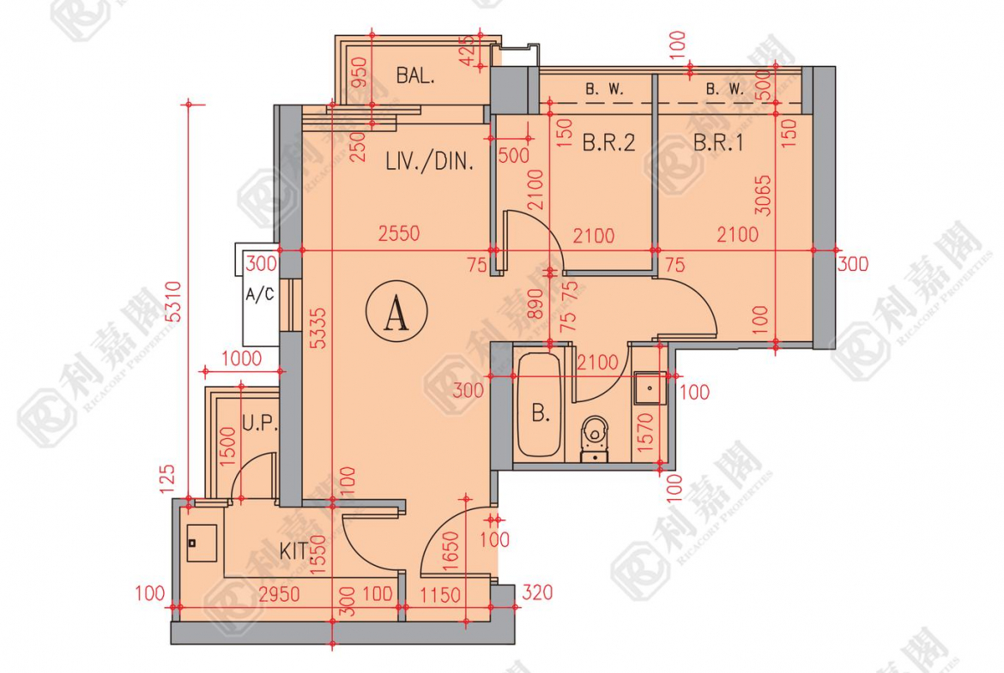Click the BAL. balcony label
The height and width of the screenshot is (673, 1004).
[415, 75]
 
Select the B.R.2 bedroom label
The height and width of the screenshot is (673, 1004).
[608, 142]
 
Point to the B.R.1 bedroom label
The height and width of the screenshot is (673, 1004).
[717, 142]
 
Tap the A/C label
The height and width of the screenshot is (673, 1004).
[260, 295]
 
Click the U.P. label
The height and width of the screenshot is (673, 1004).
[259, 423]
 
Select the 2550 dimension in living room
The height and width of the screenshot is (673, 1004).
[398, 233]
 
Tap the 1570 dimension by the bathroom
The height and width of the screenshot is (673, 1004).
[647, 430]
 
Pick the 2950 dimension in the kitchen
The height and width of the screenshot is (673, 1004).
[278, 594]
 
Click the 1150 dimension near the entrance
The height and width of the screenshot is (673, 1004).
[440, 594]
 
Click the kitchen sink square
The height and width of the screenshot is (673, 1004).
[203, 543]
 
